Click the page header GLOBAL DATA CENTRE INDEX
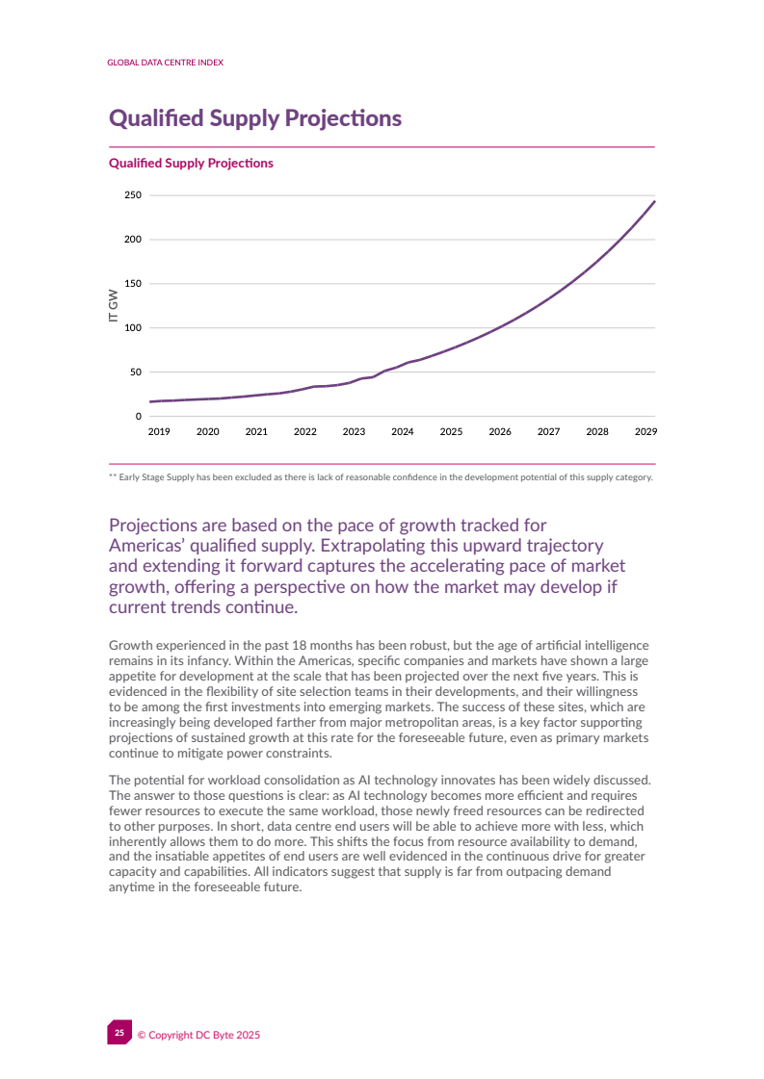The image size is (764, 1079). coord(165,62)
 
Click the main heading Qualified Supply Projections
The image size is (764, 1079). coord(254,118)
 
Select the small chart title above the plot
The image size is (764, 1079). coord(191,164)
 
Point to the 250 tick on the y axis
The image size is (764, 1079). coord(133,195)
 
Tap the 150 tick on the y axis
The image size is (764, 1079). coord(133,284)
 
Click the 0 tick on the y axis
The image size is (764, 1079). coord(138,416)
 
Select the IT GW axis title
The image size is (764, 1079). coord(114,305)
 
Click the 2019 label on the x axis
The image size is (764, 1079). coord(159,432)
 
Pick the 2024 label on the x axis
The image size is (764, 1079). coord(403,432)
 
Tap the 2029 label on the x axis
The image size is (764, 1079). coord(645,432)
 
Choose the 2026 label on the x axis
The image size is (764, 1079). coord(500,432)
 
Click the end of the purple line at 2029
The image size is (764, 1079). coord(654,201)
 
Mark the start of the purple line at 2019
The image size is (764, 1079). coord(150,401)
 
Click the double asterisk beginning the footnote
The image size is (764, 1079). coord(112,477)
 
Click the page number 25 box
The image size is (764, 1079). coord(119,1033)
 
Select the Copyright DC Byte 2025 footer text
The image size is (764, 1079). coord(198,1035)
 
